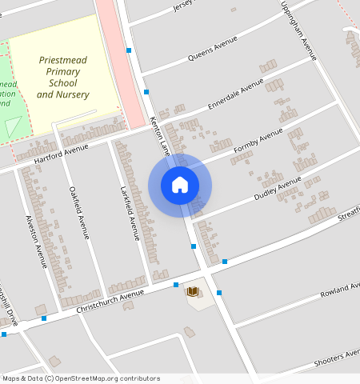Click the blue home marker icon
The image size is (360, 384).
(180, 185)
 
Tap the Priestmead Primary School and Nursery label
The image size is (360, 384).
(63, 78)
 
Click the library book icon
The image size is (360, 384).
(192, 292)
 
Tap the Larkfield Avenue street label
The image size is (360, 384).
(130, 213)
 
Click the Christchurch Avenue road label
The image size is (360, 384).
(110, 301)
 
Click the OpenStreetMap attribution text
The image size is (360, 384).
(80, 378)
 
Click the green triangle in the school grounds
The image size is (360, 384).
(14, 126)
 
